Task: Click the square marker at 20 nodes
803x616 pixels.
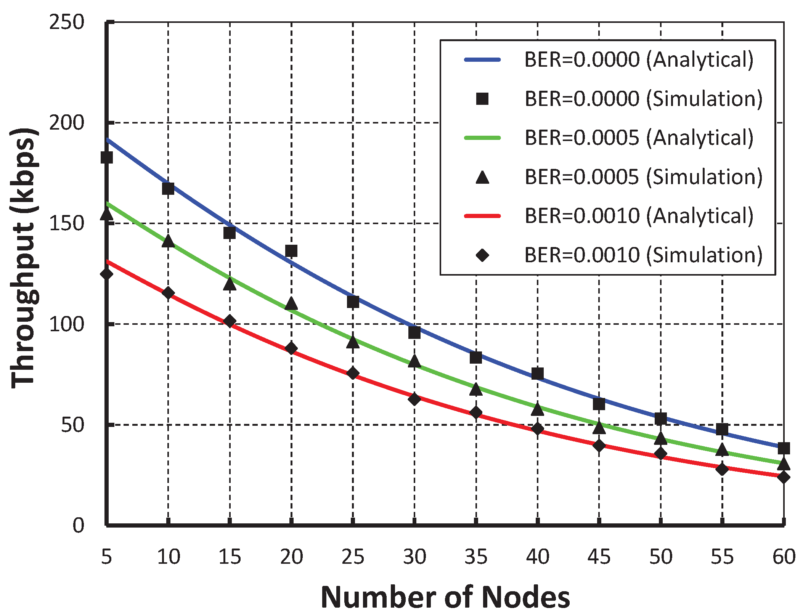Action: click(x=291, y=251)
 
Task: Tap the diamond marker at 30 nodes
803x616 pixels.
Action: click(x=414, y=399)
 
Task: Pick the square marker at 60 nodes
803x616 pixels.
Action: click(x=784, y=448)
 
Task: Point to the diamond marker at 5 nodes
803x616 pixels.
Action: click(x=106, y=274)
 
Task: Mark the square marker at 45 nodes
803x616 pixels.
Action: click(x=599, y=404)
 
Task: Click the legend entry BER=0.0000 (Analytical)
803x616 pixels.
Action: click(x=639, y=60)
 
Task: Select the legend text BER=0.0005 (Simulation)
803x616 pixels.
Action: click(x=643, y=177)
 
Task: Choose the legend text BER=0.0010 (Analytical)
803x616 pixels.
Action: click(x=639, y=216)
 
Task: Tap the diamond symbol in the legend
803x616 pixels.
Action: click(x=482, y=255)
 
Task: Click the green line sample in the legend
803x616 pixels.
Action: click(x=482, y=138)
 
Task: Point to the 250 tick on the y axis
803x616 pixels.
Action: click(x=67, y=22)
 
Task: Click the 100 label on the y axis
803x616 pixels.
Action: click(x=67, y=324)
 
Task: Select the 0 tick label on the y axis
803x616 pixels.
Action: click(x=78, y=526)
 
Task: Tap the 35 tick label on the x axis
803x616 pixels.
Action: click(x=476, y=557)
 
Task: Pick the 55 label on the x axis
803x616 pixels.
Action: click(x=722, y=557)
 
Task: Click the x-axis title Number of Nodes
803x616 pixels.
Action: click(x=445, y=597)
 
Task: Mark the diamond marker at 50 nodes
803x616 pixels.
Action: click(x=661, y=454)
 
